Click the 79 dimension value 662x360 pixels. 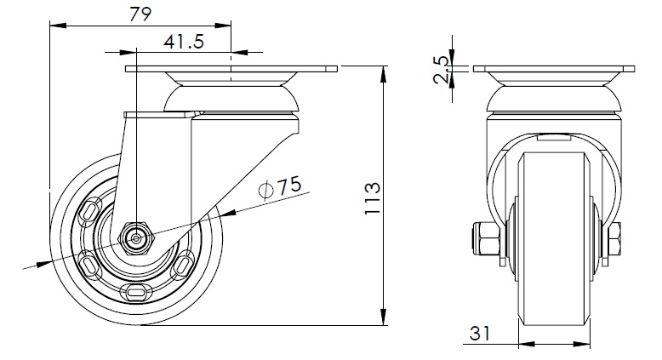pyautogui.click(x=139, y=14)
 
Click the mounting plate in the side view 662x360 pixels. pyautogui.click(x=231, y=69)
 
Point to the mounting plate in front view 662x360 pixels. pyautogui.click(x=554, y=69)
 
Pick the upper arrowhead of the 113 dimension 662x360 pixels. pyautogui.click(x=385, y=70)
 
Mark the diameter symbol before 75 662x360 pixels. pyautogui.click(x=265, y=189)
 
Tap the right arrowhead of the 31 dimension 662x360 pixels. pyautogui.click(x=586, y=344)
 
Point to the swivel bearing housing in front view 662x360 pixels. pyautogui.click(x=555, y=95)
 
